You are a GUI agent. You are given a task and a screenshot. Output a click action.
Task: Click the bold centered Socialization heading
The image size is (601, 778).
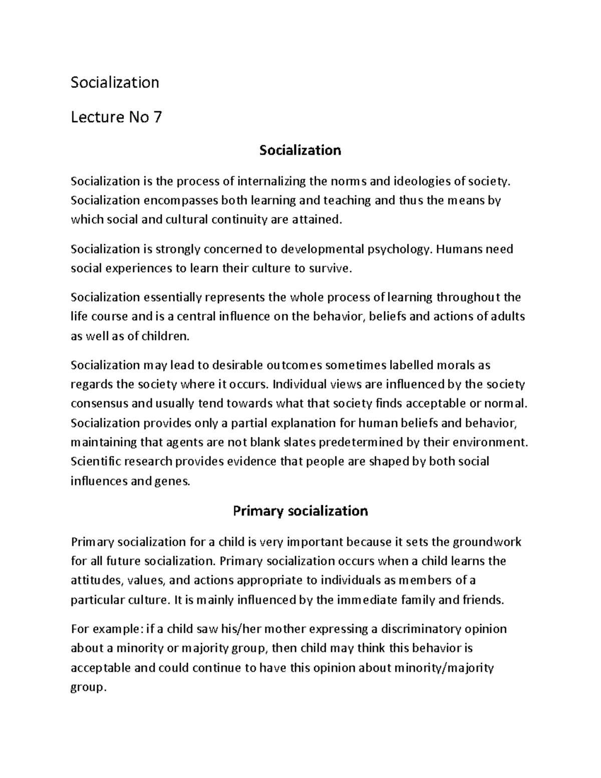(300, 150)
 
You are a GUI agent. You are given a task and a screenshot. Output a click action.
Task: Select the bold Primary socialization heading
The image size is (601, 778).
(300, 511)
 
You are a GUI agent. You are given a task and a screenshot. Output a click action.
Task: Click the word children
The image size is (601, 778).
(165, 336)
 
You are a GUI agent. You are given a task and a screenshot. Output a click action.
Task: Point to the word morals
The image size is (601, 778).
(456, 365)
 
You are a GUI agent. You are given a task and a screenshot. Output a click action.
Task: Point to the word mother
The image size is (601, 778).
(285, 629)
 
